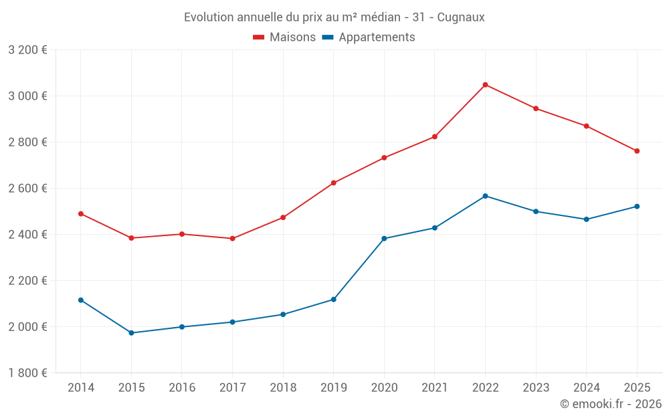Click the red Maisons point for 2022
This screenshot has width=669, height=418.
485,85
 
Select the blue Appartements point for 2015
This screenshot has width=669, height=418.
131,333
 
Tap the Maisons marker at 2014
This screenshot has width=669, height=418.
81,214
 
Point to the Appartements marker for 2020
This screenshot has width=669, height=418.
384,239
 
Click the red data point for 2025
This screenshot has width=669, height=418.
637,151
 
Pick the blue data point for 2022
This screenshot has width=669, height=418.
485,196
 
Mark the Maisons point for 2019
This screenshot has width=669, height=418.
334,183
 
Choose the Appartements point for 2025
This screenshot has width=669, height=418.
637,207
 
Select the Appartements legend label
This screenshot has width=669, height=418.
377,37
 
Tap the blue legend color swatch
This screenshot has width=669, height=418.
328,37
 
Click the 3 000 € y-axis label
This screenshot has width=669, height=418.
27,96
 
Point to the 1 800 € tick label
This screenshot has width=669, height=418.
27,373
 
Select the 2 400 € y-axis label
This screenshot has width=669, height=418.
27,235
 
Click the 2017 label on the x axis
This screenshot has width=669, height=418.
232,388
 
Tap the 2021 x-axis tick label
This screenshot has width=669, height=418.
434,388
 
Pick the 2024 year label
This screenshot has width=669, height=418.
586,388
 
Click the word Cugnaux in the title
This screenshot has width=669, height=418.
461,17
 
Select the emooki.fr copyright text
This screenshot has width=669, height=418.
610,404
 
